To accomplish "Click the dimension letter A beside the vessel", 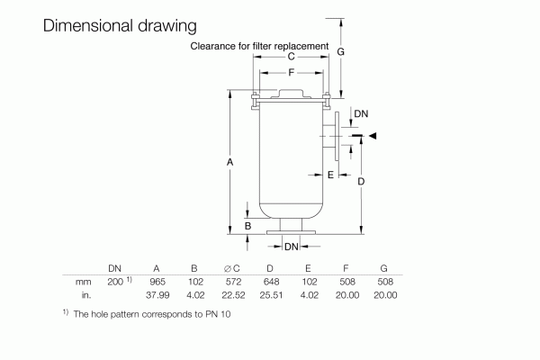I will coord(231,162).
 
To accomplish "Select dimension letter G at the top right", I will coord(341,52).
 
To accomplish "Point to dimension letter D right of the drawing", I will coord(361,181).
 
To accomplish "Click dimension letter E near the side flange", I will coord(331,174).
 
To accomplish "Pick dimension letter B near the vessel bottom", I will coord(247,225).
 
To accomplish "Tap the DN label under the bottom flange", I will coord(291,246).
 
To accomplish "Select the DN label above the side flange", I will coord(360,114).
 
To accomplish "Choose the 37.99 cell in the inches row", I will coord(158,294).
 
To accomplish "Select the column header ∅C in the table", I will coord(231,268).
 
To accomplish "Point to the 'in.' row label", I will coord(86,294).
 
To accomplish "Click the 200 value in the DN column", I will coord(114,282).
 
